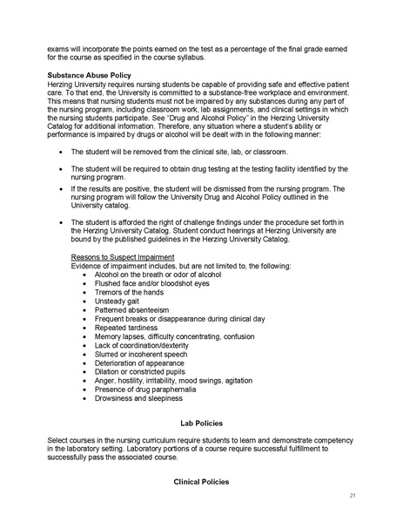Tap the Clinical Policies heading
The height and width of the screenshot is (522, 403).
point(201,479)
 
